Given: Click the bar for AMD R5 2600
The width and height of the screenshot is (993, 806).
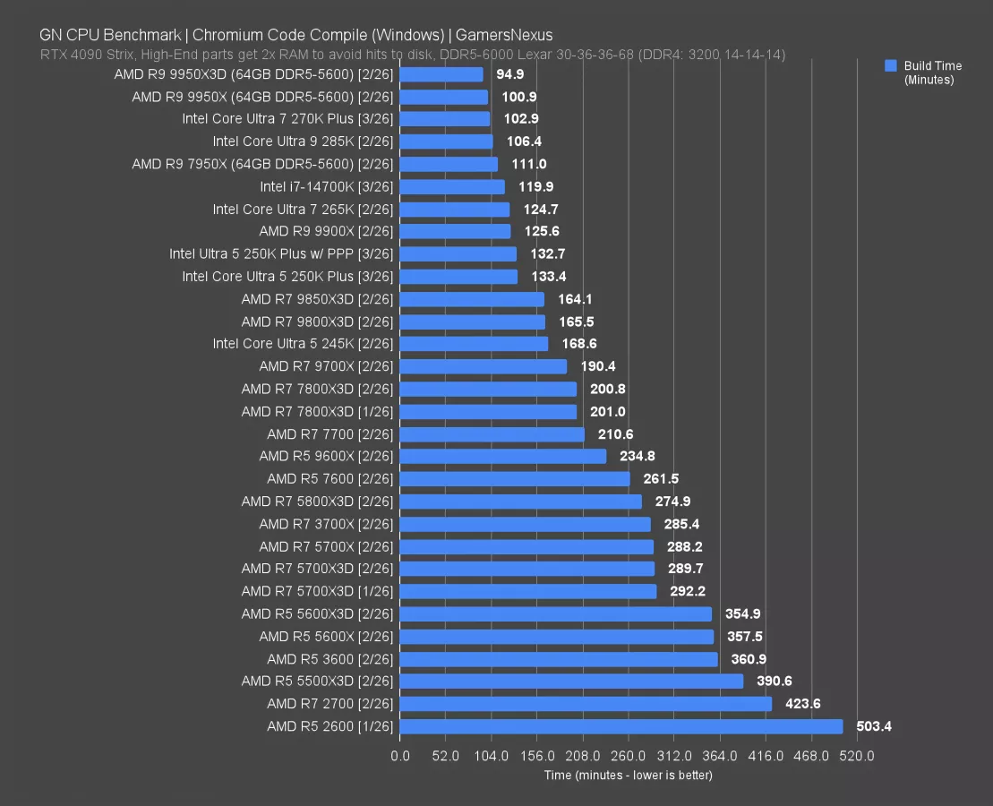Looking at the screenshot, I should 621,726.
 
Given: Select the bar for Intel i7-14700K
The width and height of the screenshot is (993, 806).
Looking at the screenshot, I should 452,186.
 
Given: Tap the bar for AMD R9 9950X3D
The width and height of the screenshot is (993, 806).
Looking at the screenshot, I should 441,74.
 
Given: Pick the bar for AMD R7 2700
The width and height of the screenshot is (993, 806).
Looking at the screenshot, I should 586,704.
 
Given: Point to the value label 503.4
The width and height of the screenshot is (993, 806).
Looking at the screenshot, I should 874,726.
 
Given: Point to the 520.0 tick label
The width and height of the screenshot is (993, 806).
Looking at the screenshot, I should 857,756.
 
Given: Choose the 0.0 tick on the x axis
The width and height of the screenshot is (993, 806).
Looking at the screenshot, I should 400,756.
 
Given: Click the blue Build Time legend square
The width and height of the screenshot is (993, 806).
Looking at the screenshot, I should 890,65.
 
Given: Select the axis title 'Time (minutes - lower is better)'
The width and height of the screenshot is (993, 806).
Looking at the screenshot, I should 628,775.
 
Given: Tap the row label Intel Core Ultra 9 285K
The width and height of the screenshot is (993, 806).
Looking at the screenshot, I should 303,141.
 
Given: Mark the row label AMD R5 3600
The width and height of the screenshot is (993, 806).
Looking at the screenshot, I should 330,659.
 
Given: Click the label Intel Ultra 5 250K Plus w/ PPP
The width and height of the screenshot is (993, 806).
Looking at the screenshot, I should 281,253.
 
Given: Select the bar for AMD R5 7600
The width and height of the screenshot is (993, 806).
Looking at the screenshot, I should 515,479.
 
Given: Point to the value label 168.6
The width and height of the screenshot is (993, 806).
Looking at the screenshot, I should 578,344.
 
